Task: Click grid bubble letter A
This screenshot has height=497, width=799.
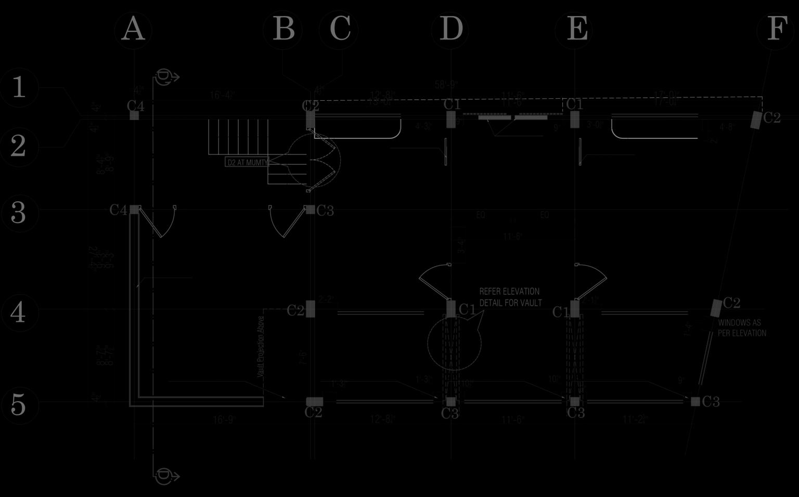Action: point(133,30)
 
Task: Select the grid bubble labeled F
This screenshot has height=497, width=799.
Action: point(776,30)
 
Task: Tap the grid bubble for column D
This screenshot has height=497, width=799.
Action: point(450,30)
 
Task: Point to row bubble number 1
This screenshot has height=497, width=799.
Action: point(19,87)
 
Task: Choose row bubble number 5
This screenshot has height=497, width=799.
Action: point(19,404)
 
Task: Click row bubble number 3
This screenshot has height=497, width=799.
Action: point(19,213)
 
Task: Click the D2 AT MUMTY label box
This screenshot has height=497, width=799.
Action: point(247,162)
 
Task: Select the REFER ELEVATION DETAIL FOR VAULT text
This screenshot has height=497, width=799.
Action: point(510,297)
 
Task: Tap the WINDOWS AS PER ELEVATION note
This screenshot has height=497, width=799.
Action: point(742,328)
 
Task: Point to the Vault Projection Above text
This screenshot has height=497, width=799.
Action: point(261,346)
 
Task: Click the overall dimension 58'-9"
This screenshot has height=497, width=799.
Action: point(446,84)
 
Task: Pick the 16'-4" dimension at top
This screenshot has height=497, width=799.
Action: point(222,95)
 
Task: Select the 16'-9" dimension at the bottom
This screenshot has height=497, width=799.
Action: point(224,419)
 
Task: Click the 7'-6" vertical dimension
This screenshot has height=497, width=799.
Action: point(303,358)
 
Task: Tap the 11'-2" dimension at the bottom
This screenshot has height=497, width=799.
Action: point(635,419)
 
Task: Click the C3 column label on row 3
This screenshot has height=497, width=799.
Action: point(325,211)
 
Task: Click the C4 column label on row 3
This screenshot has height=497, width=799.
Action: point(118,210)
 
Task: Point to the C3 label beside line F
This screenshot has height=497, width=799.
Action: point(711,401)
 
